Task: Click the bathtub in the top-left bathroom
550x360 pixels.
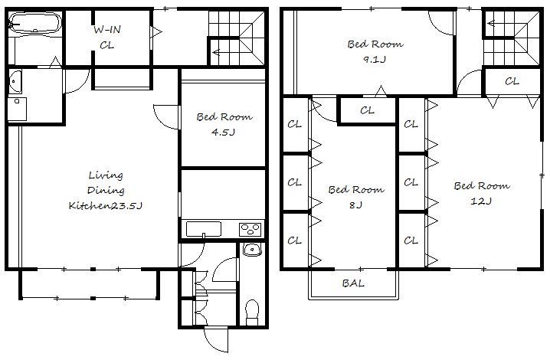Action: click(34, 24)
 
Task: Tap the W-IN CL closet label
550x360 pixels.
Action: click(107, 38)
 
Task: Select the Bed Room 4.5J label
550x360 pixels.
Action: click(224, 124)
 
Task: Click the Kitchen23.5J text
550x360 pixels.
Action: click(105, 205)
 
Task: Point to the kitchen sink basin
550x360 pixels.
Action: click(204, 229)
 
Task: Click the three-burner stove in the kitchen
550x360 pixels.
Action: click(250, 230)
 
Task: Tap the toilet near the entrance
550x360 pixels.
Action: click(252, 313)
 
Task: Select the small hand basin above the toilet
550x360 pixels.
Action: click(252, 250)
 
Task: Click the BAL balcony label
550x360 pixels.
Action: click(353, 283)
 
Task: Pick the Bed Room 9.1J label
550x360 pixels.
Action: click(375, 51)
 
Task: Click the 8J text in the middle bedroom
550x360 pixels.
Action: click(355, 205)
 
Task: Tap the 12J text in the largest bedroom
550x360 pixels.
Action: click(481, 201)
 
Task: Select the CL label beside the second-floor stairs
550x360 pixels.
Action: click(512, 81)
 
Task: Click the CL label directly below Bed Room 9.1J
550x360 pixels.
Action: click(367, 110)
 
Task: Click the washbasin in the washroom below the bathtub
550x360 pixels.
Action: click(15, 81)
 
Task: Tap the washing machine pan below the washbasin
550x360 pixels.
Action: click(17, 109)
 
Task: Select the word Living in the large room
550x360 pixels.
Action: click(106, 175)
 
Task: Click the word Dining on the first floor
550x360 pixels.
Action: click(106, 190)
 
